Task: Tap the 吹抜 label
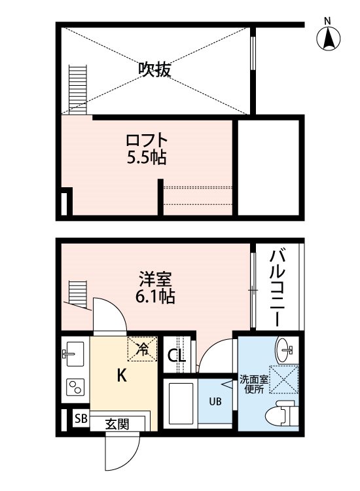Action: pyautogui.click(x=155, y=69)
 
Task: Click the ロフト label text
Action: pyautogui.click(x=147, y=141)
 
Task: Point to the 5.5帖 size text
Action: pyautogui.click(x=147, y=158)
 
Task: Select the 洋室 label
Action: pyautogui.click(x=156, y=280)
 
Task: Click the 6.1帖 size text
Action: pyautogui.click(x=155, y=296)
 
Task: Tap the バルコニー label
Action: pyautogui.click(x=278, y=288)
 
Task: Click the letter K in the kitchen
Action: pyautogui.click(x=122, y=375)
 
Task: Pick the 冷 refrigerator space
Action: pyautogui.click(x=142, y=349)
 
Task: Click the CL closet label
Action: pyautogui.click(x=177, y=356)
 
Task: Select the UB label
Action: pyautogui.click(x=215, y=401)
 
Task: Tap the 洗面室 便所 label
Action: pyautogui.click(x=253, y=384)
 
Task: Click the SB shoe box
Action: pyautogui.click(x=81, y=418)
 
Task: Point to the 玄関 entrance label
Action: pyautogui.click(x=117, y=424)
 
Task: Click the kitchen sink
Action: pyautogui.click(x=75, y=354)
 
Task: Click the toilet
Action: pyautogui.click(x=281, y=412)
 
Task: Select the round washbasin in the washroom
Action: pyautogui.click(x=285, y=350)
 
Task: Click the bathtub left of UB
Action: pyautogui.click(x=181, y=403)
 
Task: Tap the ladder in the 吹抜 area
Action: pyautogui.click(x=77, y=90)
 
